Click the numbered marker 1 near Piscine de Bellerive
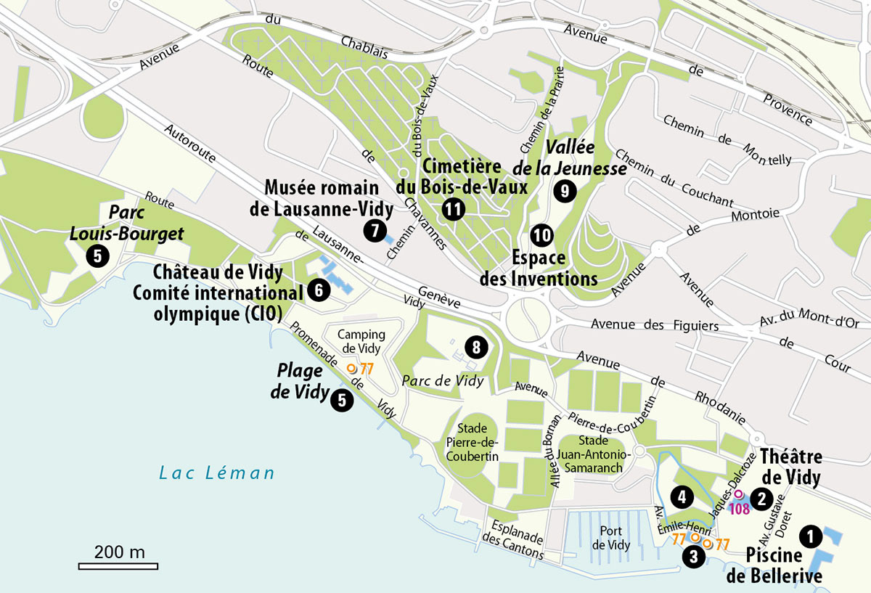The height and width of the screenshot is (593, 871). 810,536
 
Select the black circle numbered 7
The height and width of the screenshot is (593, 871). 374,231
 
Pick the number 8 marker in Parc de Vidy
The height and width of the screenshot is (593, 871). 476,348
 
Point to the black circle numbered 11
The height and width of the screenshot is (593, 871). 454,210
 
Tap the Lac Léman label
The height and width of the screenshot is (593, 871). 217,473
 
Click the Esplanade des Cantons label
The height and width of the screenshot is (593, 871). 515,541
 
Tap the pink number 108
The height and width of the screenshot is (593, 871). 740,509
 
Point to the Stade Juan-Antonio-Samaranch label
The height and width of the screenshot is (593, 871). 602,454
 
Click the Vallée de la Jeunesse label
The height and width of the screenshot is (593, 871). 576,158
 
